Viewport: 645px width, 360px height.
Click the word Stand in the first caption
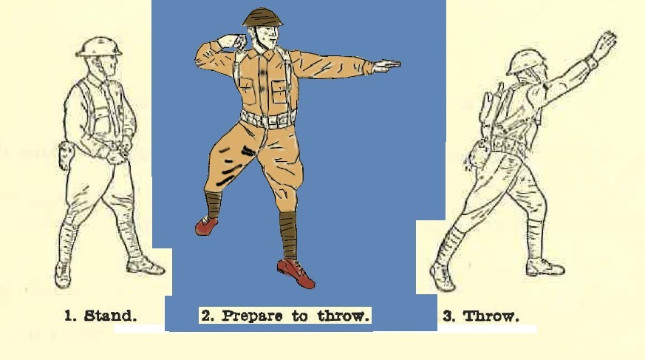[110, 316]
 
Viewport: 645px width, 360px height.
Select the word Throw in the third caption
[491, 316]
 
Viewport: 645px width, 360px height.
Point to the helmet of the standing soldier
[99, 47]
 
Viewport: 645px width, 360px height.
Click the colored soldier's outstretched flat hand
[386, 65]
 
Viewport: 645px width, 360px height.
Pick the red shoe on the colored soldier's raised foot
[206, 225]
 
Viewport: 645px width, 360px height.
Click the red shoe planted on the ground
[296, 273]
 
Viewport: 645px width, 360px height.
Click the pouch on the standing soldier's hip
[66, 155]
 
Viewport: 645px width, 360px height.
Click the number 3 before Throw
[448, 316]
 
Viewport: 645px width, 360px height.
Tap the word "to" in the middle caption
[300, 316]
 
